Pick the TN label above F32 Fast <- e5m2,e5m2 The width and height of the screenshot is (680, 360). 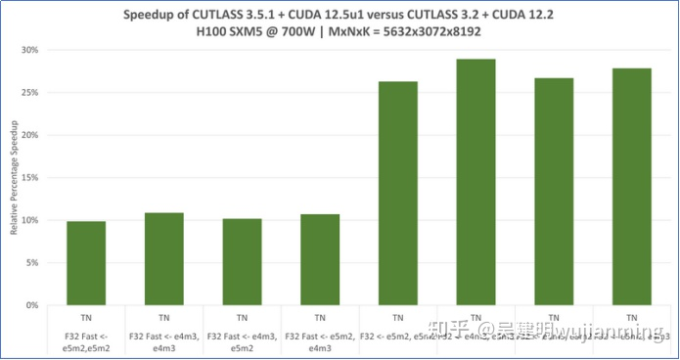coord(86,318)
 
